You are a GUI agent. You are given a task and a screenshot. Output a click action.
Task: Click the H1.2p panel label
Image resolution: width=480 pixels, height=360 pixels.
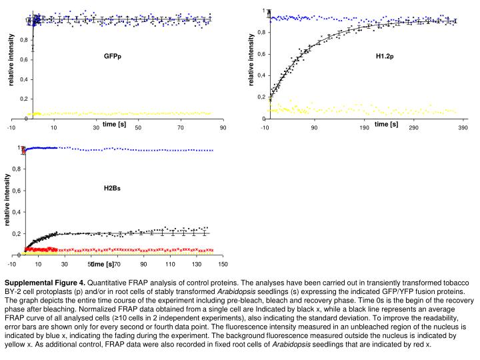tap(385, 55)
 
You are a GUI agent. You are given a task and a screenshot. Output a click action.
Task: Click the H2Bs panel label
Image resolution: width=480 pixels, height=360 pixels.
tap(112, 189)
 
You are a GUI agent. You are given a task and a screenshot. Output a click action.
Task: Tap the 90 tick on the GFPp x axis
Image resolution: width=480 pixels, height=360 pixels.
tap(223, 128)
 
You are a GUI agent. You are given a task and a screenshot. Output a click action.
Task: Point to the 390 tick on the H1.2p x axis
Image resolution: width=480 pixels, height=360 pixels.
tap(463, 128)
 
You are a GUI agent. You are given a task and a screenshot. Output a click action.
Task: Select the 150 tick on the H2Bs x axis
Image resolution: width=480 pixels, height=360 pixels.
tap(223, 265)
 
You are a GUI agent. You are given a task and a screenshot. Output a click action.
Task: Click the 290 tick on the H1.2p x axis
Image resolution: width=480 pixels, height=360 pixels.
tap(413, 128)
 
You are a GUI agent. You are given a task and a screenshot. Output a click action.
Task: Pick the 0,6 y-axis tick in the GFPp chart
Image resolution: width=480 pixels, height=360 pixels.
tap(24, 60)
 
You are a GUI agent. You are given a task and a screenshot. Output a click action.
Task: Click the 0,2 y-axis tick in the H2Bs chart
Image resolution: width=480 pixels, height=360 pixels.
tap(16, 234)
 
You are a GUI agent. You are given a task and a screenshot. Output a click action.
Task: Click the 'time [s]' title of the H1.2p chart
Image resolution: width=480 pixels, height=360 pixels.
tap(386, 124)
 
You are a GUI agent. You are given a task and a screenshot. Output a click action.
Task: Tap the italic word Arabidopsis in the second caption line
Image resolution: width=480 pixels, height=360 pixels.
tap(241, 291)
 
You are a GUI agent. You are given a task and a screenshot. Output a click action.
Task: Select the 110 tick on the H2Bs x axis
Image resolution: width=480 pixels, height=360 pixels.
tap(169, 265)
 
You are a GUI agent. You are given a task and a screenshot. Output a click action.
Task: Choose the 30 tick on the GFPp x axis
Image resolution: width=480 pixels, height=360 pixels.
tap(95, 128)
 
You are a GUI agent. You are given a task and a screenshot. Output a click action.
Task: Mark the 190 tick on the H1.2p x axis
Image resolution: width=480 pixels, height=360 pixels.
tap(364, 128)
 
